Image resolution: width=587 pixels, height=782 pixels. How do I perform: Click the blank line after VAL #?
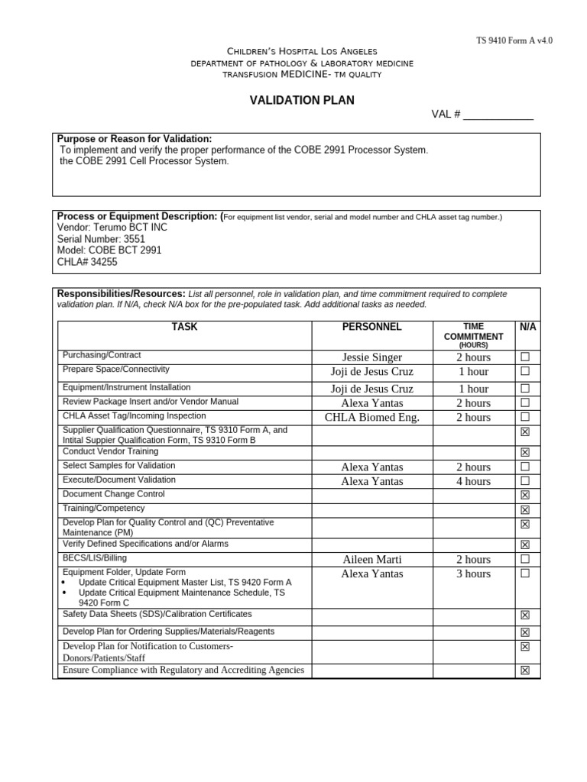(x=498, y=115)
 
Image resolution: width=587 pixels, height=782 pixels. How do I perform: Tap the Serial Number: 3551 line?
(x=101, y=239)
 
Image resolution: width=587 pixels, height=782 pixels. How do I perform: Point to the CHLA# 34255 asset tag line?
(x=87, y=262)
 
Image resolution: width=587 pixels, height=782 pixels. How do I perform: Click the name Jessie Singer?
(x=371, y=357)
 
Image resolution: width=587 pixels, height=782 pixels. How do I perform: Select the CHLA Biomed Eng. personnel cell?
(x=371, y=418)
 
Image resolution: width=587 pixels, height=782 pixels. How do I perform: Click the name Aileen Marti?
(x=371, y=560)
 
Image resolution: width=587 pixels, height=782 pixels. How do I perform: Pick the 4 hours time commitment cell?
(x=473, y=481)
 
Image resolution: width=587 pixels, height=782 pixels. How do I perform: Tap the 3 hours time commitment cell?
(x=473, y=574)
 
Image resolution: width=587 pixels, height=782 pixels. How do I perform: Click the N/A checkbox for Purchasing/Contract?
(x=525, y=357)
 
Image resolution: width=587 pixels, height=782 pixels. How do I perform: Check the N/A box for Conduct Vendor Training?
(x=525, y=452)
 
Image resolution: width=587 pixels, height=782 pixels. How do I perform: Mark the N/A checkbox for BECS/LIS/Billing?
(x=525, y=559)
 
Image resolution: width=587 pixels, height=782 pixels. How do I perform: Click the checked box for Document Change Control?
(x=525, y=495)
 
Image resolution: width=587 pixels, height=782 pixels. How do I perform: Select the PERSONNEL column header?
(x=371, y=327)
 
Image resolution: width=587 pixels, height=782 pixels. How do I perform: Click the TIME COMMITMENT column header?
(x=473, y=331)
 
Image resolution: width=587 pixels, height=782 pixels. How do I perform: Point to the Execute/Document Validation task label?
(x=118, y=480)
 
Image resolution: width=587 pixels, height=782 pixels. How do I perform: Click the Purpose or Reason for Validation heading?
(x=135, y=139)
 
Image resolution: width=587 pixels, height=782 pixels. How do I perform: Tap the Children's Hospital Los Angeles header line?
(x=302, y=50)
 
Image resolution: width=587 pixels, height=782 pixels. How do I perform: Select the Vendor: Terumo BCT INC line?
(x=112, y=228)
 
